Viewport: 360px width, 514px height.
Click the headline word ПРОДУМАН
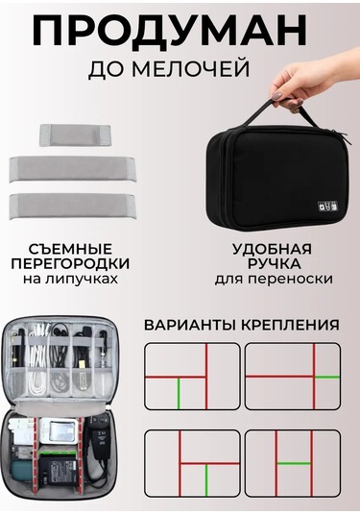169,30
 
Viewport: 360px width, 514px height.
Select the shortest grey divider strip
75,135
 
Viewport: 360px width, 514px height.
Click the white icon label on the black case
328,207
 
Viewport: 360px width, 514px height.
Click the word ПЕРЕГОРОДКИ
70,263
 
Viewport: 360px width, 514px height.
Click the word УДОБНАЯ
272,249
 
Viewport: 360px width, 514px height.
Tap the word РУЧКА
274,263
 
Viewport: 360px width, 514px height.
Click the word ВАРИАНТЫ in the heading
190,325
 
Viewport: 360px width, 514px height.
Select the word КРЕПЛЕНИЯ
290,325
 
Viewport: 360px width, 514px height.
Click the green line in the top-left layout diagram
179,393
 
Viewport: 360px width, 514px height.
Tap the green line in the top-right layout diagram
327,378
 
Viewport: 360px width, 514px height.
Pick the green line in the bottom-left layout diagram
206,480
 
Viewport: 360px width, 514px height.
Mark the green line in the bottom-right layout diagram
294,463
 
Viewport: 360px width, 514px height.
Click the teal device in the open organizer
22,472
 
